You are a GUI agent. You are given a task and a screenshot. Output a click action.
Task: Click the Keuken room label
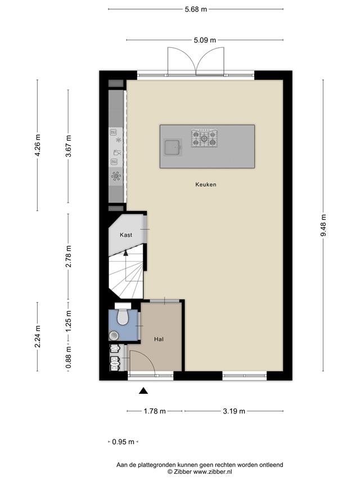point(206,184)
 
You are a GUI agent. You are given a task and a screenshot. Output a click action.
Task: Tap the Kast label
point(126,235)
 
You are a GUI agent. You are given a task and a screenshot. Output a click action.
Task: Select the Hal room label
point(159,339)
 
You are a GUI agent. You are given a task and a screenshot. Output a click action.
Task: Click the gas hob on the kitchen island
point(205,138)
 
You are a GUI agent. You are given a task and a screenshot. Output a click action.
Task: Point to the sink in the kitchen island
point(173,147)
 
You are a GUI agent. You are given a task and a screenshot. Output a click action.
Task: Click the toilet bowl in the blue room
point(123,317)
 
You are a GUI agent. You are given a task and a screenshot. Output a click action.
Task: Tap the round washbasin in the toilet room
point(114,335)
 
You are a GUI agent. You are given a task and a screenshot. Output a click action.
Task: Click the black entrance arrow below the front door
point(143,391)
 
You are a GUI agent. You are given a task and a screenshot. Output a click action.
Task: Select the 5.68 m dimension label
point(196,9)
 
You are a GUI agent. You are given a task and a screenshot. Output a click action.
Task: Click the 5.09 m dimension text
point(205,40)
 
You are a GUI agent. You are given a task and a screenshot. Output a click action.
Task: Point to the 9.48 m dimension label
point(323,225)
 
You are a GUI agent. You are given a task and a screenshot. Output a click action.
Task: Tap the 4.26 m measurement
point(37,145)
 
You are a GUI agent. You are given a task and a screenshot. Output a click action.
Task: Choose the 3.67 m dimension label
point(68,146)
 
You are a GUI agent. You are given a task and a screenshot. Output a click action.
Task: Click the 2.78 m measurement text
point(68,256)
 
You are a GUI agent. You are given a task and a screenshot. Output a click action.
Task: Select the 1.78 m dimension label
point(155,411)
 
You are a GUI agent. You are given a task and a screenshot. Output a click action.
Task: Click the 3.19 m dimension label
point(234,411)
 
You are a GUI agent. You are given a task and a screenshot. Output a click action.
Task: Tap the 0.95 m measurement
point(123,442)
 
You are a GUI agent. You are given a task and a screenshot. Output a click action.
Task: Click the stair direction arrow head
point(125,253)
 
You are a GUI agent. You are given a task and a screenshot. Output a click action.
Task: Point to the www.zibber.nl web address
point(213,472)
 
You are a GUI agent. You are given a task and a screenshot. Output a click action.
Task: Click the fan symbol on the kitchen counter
point(116,176)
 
